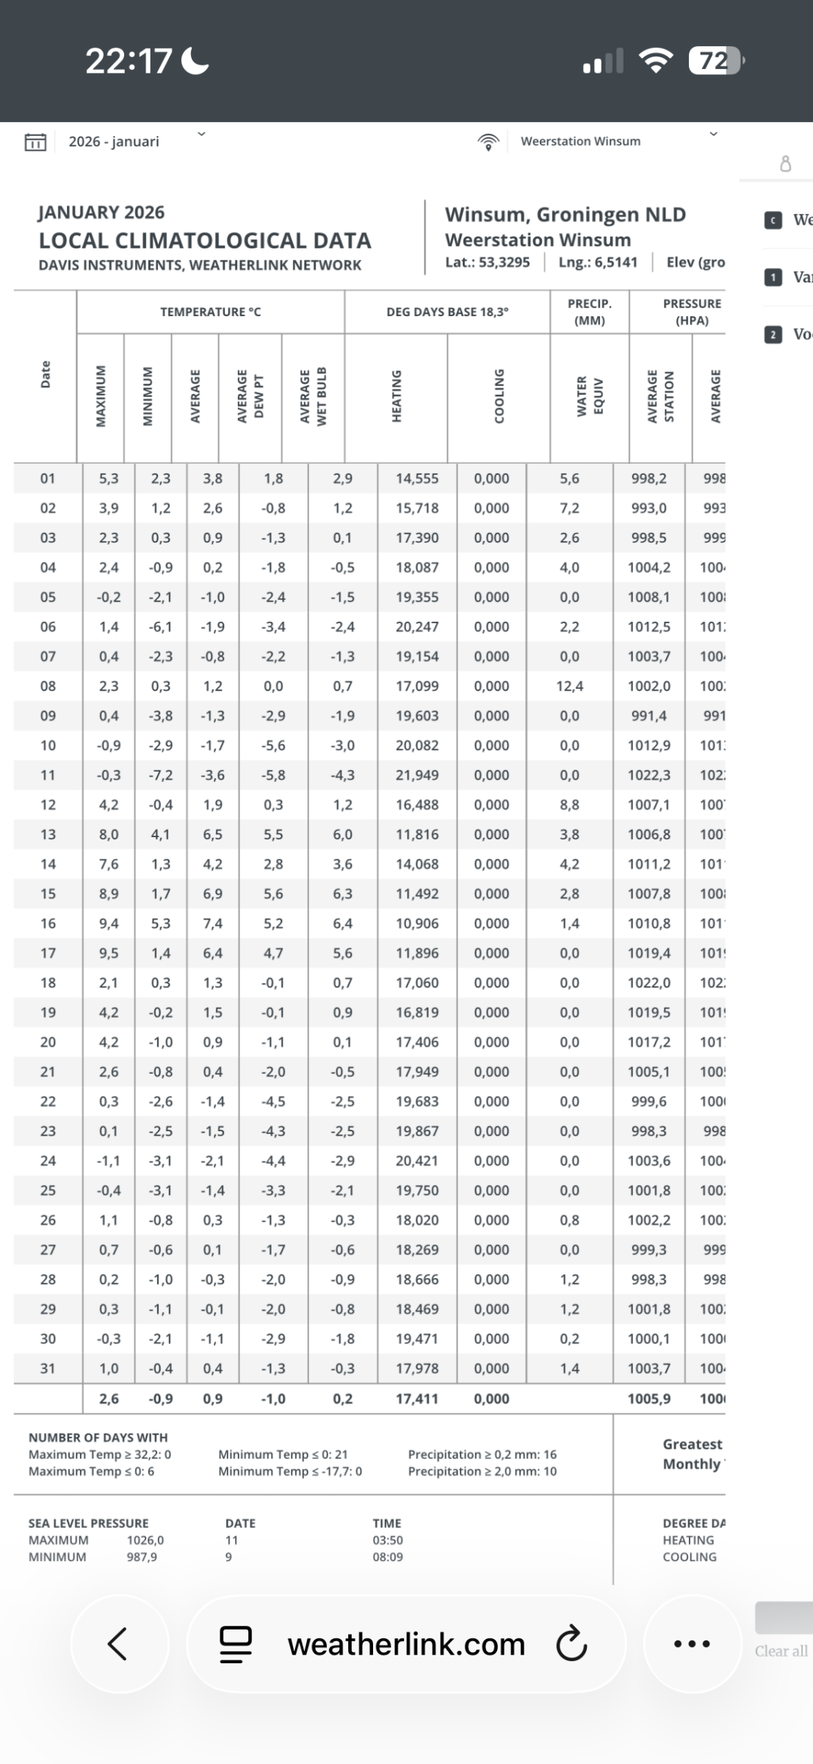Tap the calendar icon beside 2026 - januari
(x=35, y=142)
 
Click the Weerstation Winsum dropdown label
(x=580, y=141)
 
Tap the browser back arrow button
(x=118, y=1643)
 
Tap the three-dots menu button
(x=692, y=1643)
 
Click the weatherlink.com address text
(x=406, y=1644)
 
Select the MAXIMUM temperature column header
(x=101, y=397)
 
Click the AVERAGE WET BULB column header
(x=313, y=397)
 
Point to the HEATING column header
(x=397, y=397)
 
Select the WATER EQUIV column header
(x=590, y=397)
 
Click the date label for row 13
(x=48, y=834)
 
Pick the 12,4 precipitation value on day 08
(x=569, y=686)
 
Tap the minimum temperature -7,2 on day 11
(x=161, y=775)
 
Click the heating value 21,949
(x=417, y=775)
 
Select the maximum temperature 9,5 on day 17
(x=109, y=953)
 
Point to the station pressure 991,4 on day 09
(x=649, y=715)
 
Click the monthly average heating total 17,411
(x=417, y=1399)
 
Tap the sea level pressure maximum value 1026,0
(x=145, y=1540)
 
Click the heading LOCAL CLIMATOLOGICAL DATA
(x=205, y=240)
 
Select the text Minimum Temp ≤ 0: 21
(x=283, y=1454)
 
